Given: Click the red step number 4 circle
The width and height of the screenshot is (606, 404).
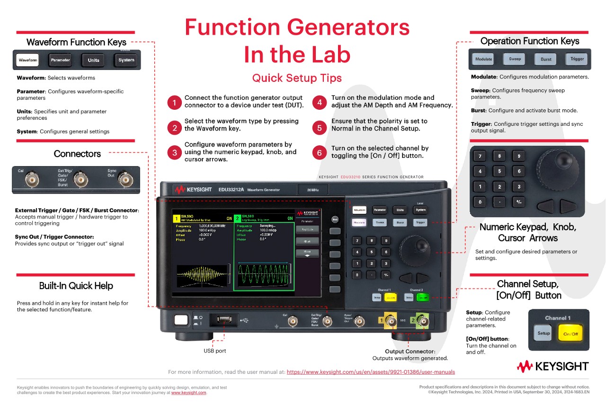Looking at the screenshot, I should pyautogui.click(x=320, y=102).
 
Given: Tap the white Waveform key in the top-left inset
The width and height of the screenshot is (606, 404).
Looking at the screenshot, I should pyautogui.click(x=28, y=60).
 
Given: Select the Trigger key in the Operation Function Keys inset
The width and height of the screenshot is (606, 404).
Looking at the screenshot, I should pyautogui.click(x=577, y=59).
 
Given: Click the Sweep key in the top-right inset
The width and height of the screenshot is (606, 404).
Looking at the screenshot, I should pyautogui.click(x=515, y=59).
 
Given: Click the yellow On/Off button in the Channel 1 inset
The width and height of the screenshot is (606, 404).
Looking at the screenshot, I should pyautogui.click(x=570, y=334).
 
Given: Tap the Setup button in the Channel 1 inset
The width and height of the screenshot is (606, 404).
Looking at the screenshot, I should pyautogui.click(x=544, y=333).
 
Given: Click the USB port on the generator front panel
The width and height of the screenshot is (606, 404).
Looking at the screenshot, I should pyautogui.click(x=224, y=320).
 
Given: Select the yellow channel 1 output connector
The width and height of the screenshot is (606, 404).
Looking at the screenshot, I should pyautogui.click(x=391, y=322).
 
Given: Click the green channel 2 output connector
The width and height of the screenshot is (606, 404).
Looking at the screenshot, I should pyautogui.click(x=422, y=322).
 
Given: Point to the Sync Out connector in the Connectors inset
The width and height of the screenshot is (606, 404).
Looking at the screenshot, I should pyautogui.click(x=125, y=179).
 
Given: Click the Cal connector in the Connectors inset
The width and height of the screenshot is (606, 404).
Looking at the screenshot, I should pyautogui.click(x=33, y=180).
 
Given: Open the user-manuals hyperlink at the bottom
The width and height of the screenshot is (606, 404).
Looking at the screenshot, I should pyautogui.click(x=371, y=372).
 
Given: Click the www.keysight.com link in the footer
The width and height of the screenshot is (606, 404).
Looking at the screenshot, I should pyautogui.click(x=188, y=393).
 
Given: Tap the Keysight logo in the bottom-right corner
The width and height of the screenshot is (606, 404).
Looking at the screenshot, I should pyautogui.click(x=553, y=366).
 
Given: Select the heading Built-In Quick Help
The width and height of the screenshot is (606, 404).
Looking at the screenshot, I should pyautogui.click(x=76, y=286).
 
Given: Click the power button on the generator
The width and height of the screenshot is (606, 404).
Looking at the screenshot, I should pyautogui.click(x=181, y=320).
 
